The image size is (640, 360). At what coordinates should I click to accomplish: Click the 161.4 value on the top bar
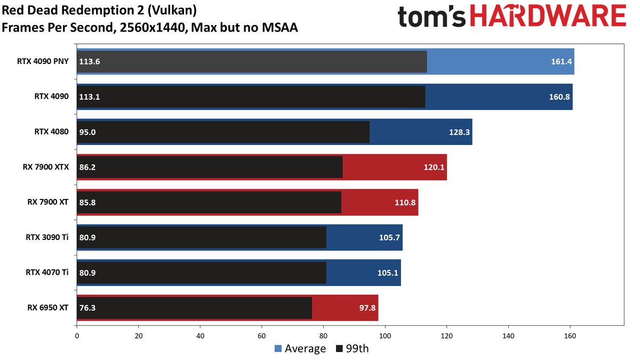coord(561,62)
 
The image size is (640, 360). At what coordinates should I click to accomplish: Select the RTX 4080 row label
coord(51,132)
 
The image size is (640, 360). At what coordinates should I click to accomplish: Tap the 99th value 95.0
coord(87,132)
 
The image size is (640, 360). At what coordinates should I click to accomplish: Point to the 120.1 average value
coord(434,167)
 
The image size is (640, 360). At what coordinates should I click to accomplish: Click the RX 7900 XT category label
coord(47,202)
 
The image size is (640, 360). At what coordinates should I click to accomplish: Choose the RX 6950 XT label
coord(47,308)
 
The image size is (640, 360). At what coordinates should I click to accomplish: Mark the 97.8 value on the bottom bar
coord(367,308)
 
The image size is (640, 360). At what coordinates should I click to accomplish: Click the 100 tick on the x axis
coord(385,336)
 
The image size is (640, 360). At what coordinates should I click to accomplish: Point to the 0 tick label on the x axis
coord(77,336)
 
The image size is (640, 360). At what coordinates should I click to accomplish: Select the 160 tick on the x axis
coord(570,336)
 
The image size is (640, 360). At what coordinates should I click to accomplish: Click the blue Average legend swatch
coord(278,349)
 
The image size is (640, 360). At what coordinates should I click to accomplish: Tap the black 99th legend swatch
coord(339,349)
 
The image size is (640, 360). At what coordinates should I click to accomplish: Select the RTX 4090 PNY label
coord(43,61)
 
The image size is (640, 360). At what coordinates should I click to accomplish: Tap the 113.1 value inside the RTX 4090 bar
coord(90,97)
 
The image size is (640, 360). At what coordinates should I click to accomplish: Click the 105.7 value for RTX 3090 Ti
coord(389,237)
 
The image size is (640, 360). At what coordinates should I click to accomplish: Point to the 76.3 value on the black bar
coord(87,308)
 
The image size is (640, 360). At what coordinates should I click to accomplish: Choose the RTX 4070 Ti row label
coord(47,273)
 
